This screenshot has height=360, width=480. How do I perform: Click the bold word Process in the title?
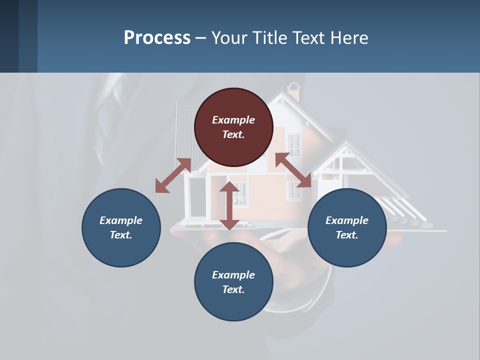[157, 38]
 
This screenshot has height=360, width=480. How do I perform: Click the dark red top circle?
[233, 127]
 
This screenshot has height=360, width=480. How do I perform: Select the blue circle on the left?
[121, 227]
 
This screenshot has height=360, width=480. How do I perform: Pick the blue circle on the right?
[347, 227]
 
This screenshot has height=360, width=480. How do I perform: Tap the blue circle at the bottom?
[233, 282]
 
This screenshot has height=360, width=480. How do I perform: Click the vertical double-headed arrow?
[229, 205]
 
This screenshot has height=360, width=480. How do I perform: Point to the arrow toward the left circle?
[173, 175]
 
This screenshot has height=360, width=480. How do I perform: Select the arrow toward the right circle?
[293, 170]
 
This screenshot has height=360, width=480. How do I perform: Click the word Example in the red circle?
[233, 120]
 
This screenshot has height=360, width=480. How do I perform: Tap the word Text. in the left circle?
[121, 235]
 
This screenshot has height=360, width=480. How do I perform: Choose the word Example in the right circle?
[347, 220]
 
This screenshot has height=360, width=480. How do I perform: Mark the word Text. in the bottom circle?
[233, 289]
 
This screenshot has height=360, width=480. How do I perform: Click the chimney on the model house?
[294, 93]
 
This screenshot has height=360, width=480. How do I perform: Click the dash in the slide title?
[201, 38]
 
